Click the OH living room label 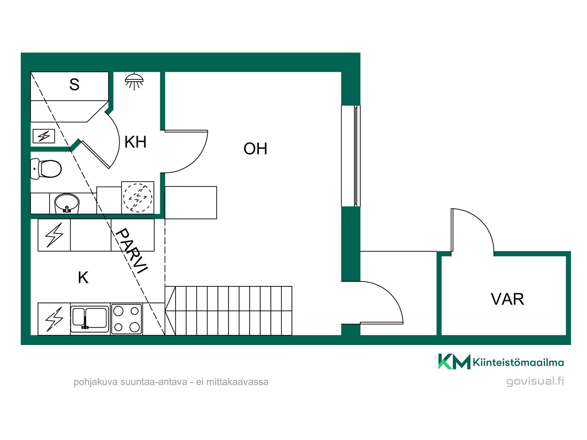(x=255, y=149)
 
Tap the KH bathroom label (x=135, y=142)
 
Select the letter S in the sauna (x=74, y=84)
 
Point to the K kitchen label (x=83, y=278)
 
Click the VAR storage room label (x=508, y=299)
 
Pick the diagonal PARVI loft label (x=131, y=251)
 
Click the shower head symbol (x=134, y=81)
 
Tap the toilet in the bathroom (x=46, y=169)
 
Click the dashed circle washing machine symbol (x=138, y=198)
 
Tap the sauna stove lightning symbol (x=44, y=136)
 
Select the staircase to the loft (x=228, y=311)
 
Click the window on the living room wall (x=351, y=156)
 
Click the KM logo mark (x=454, y=361)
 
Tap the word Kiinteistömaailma (x=518, y=362)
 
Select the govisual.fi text (x=535, y=381)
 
